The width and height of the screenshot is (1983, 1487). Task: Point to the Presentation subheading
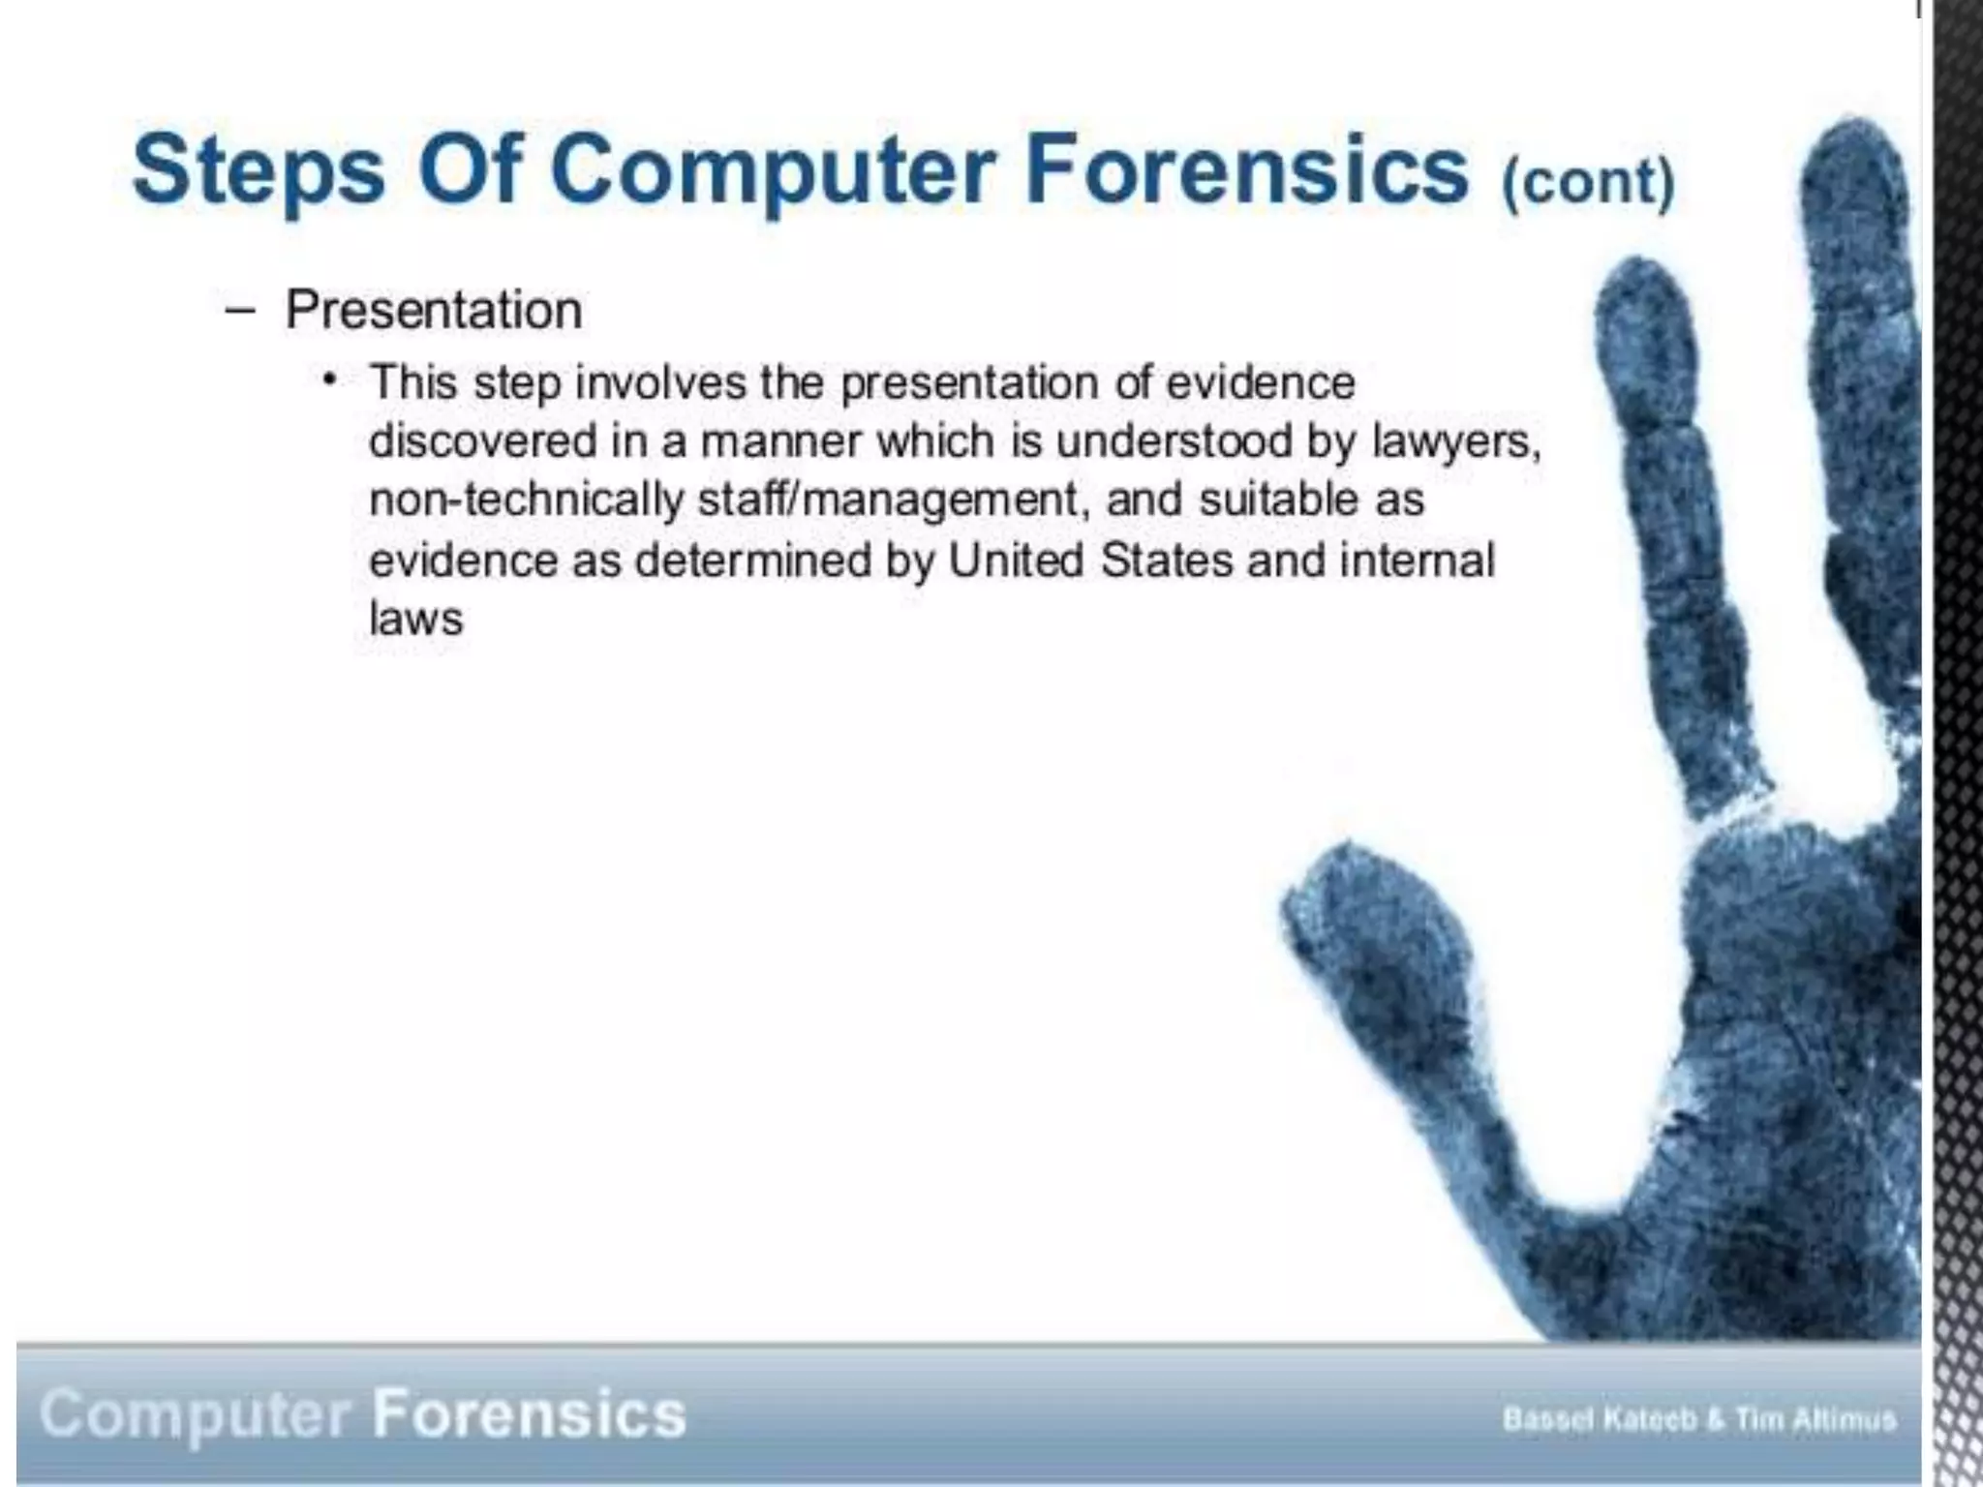click(433, 311)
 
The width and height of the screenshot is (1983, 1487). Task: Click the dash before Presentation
click(239, 311)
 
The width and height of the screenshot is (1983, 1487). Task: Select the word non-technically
click(527, 501)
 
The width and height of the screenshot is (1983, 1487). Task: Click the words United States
click(1091, 561)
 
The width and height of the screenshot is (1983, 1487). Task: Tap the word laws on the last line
click(416, 619)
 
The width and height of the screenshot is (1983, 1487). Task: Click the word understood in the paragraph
click(1175, 441)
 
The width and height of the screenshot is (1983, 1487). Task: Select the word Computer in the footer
click(195, 1415)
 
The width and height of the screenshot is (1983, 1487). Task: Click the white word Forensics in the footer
click(530, 1414)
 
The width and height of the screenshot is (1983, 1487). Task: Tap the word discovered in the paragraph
click(483, 441)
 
